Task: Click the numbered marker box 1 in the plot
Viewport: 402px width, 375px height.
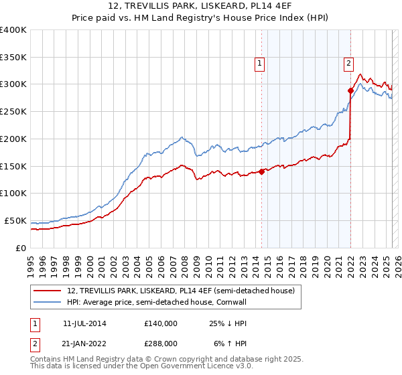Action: (x=259, y=64)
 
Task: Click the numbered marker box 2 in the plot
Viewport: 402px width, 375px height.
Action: (x=349, y=64)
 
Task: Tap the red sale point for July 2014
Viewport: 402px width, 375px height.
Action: (x=261, y=171)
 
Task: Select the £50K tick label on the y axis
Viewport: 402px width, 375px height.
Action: (x=15, y=220)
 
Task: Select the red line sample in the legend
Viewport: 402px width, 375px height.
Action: (x=47, y=291)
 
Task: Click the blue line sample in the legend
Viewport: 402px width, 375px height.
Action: (x=47, y=302)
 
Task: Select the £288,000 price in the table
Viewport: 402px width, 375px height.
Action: (x=161, y=343)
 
